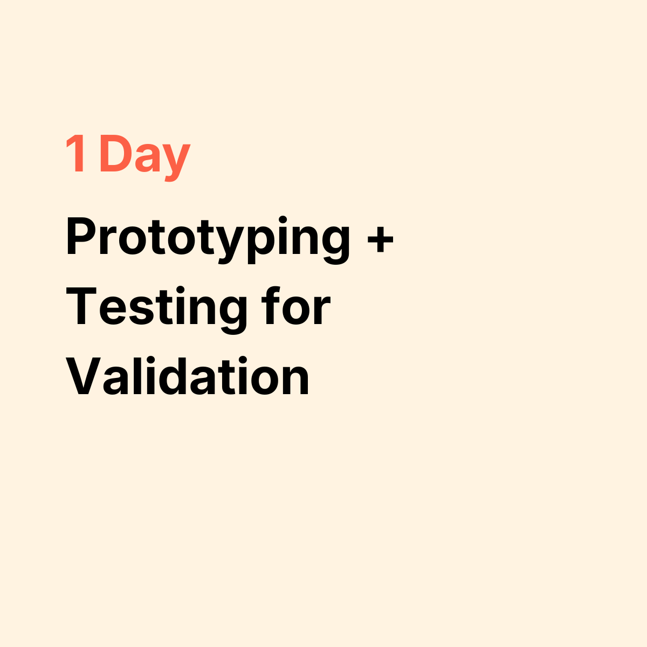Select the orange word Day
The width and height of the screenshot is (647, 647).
coord(144,156)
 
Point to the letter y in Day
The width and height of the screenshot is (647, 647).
coord(175,161)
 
